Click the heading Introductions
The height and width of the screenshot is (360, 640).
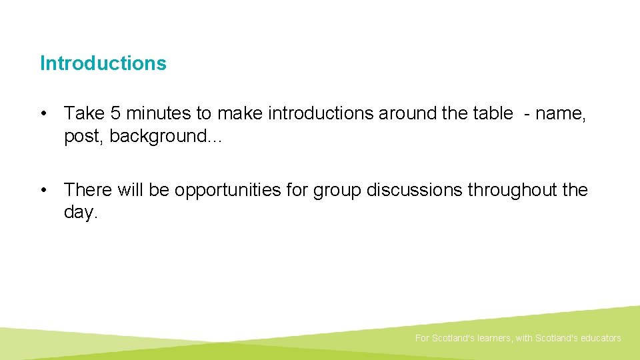tap(103, 63)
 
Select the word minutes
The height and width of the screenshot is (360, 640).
tap(157, 114)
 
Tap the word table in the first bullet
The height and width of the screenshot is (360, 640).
tap(493, 114)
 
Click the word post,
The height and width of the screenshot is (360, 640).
tap(84, 136)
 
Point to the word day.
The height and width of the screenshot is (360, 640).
tap(81, 213)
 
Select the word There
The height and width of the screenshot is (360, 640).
tap(89, 190)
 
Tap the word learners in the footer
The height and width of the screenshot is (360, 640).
tap(494, 338)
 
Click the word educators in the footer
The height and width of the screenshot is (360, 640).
tap(600, 338)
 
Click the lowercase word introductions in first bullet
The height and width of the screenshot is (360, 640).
tap(321, 114)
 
